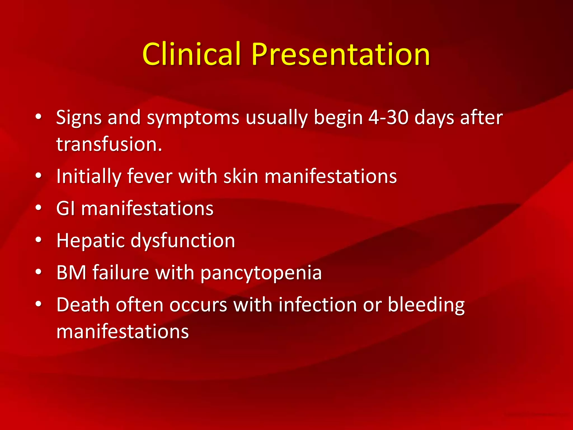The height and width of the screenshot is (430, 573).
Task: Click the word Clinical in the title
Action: (191, 54)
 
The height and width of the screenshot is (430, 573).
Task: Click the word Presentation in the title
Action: (340, 54)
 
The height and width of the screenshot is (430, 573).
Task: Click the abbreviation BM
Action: (71, 273)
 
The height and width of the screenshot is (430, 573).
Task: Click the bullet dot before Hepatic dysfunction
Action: (39, 240)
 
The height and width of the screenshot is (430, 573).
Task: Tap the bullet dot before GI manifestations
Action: (39, 208)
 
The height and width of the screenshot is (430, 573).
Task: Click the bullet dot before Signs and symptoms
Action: (39, 116)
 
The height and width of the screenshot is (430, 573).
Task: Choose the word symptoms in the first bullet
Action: (193, 118)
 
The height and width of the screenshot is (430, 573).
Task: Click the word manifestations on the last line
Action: (123, 332)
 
